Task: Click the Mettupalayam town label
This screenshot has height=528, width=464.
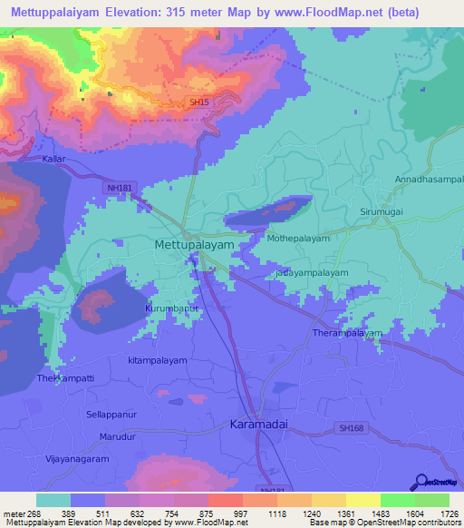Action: point(195,245)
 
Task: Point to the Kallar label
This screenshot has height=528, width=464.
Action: point(55,159)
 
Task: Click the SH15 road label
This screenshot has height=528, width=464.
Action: point(199,103)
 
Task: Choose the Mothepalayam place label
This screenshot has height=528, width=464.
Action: point(298,239)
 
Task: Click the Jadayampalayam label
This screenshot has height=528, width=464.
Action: point(311,272)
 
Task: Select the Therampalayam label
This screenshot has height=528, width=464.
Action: point(348,334)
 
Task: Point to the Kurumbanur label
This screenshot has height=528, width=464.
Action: point(171,308)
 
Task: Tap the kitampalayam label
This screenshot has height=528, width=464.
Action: point(158,360)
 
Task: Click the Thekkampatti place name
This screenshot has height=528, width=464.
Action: point(66,377)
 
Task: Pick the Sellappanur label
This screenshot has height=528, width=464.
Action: point(112,414)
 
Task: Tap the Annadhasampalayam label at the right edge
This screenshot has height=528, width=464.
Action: point(429,180)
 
